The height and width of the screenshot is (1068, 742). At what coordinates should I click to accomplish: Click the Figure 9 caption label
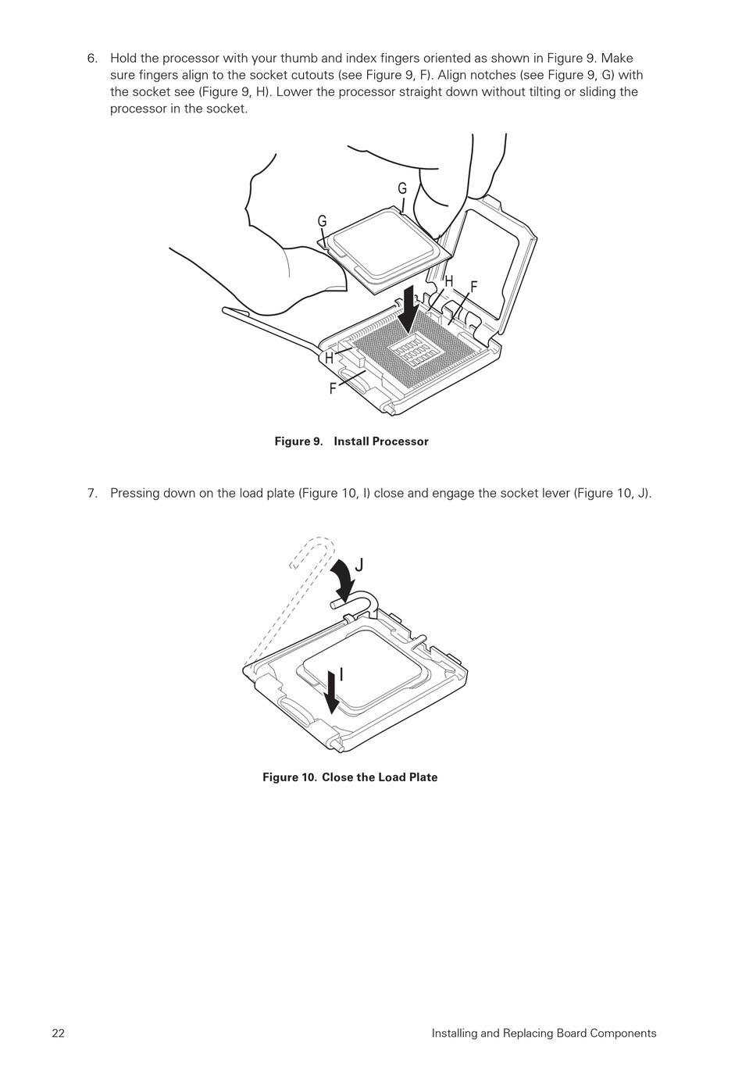click(x=299, y=441)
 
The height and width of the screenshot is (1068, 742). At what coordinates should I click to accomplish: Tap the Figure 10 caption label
click(x=289, y=777)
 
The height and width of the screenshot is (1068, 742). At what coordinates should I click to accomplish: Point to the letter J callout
click(x=359, y=565)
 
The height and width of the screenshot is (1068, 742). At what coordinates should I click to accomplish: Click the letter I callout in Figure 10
click(x=341, y=674)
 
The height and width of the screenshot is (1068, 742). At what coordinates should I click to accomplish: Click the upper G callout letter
click(x=402, y=189)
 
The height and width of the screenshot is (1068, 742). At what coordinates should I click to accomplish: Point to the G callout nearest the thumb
click(x=322, y=221)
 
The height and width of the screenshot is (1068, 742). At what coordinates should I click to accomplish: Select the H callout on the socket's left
click(x=329, y=358)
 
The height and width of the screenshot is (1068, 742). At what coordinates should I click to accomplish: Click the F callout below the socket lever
click(x=333, y=388)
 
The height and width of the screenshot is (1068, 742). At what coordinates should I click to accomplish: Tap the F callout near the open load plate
click(x=473, y=287)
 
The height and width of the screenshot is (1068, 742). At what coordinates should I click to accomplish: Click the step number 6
click(x=92, y=59)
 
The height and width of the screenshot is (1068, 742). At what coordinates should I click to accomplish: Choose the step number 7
click(x=92, y=493)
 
